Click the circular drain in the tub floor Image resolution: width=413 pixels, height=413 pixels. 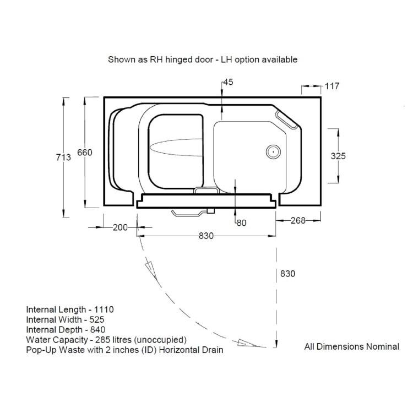point(273,152)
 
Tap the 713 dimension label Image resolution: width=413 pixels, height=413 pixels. point(63,157)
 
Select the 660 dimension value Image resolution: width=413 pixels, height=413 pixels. point(85,153)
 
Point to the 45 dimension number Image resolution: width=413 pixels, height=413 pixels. point(228,82)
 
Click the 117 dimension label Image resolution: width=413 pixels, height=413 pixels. point(332,86)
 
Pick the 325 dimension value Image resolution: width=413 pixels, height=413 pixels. point(338,156)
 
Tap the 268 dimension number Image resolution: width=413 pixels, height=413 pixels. point(298,220)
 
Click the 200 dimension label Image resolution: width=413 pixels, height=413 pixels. point(120,227)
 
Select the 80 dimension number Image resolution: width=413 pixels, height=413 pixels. point(242,223)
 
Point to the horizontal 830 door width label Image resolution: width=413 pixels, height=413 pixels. point(206,236)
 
